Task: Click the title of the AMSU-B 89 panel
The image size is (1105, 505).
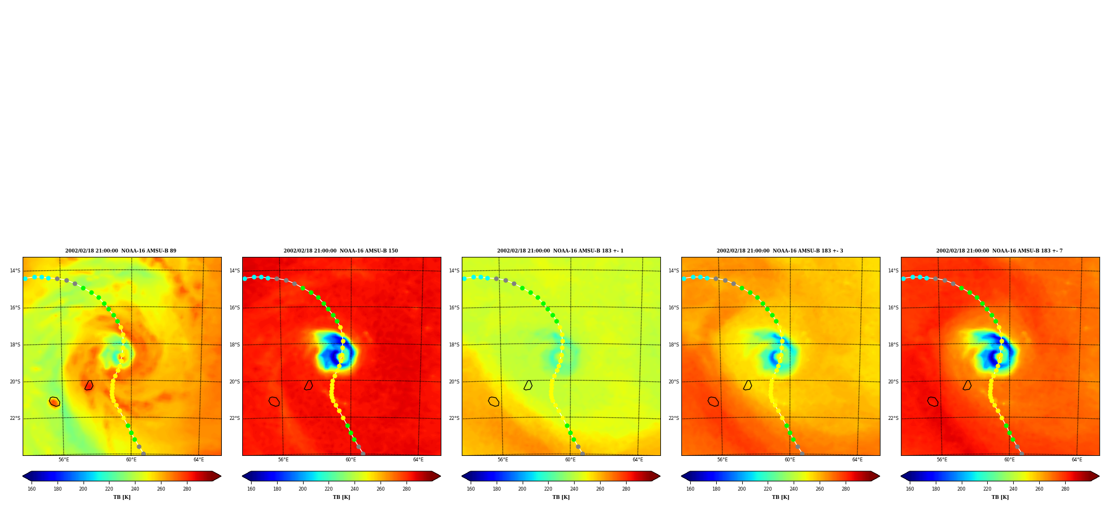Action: coord(121,251)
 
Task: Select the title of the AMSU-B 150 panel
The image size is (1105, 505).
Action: coord(341,251)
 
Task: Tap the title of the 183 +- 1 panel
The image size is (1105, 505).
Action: coord(560,251)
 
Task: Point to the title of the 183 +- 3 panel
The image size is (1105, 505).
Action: coord(780,251)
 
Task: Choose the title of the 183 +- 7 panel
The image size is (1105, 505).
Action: coord(999,251)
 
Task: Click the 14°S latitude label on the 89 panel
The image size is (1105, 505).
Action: coord(15,271)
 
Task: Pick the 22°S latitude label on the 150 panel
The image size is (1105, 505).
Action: coord(234,418)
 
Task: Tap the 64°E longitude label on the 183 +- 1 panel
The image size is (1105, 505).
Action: coord(638,460)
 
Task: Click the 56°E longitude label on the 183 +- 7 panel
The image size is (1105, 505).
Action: coord(942,460)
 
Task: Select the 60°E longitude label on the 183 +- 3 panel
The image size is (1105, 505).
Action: coord(790,460)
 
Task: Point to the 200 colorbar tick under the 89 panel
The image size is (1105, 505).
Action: coord(83,489)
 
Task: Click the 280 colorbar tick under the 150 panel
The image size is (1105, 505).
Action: coord(406,489)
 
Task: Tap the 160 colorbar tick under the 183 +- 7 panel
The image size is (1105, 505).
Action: coord(910,489)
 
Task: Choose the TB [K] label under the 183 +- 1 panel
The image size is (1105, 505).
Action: coord(561,497)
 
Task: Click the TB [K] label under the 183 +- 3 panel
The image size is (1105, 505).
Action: coord(780,497)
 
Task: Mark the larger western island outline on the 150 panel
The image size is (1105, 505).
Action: coord(274,402)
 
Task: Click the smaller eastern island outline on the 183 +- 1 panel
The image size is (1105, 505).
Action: coord(528,385)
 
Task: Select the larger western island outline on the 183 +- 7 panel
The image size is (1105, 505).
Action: coord(933,402)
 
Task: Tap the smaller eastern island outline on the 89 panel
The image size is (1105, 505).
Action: coord(89,385)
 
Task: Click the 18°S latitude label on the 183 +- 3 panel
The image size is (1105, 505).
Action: coord(674,345)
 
